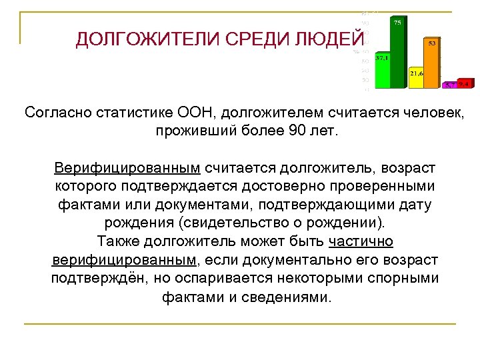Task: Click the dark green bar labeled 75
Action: click(x=397, y=53)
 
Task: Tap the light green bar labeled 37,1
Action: click(x=382, y=72)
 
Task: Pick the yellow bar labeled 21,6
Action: click(x=417, y=79)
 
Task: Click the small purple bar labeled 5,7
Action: click(x=451, y=85)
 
